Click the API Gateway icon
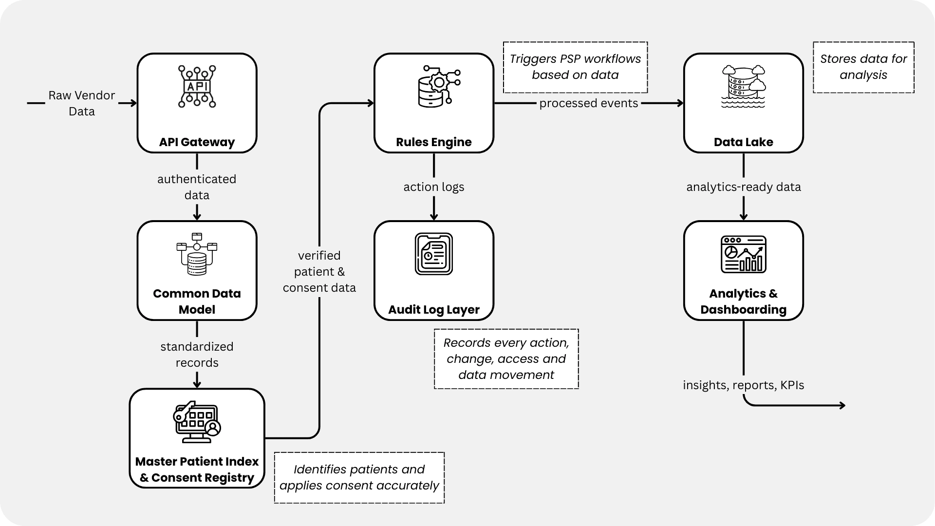point(197,87)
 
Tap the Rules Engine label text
point(433,142)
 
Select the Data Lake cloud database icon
point(743,86)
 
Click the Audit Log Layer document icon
point(433,254)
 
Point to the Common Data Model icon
point(197,254)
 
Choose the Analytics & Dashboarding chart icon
point(743,254)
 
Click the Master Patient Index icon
point(197,422)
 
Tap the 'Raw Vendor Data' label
point(81,103)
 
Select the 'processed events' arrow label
point(588,103)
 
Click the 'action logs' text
point(433,187)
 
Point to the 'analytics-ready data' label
point(743,187)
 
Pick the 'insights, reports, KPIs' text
point(743,385)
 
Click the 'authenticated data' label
point(197,187)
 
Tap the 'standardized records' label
point(197,355)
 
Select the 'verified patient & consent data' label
point(319,272)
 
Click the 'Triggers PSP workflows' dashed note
point(575,67)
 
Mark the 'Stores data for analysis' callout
point(863,67)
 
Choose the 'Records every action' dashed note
point(506,359)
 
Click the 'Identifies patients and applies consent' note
point(359,478)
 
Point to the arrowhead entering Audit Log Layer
point(433,217)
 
